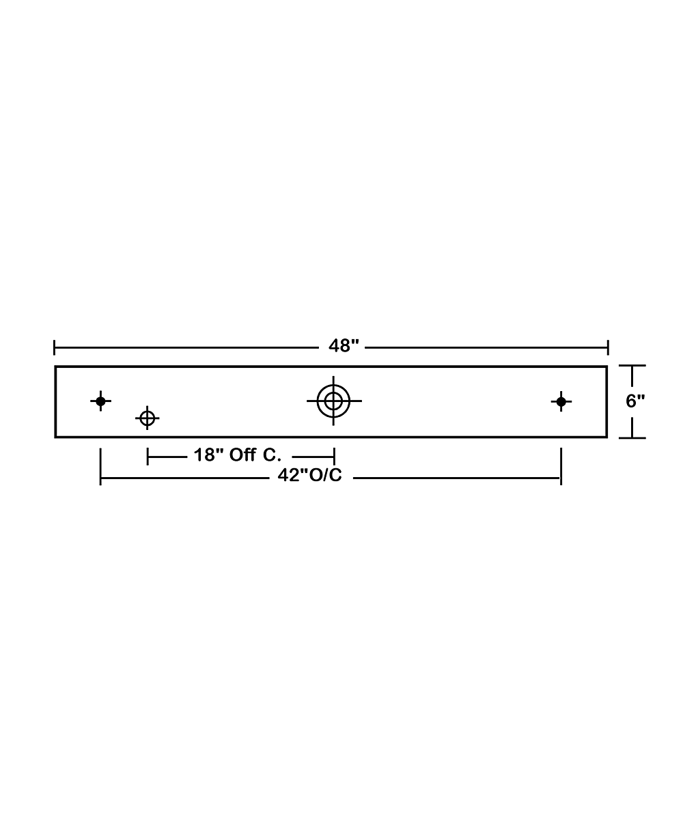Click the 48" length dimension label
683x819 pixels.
tap(344, 345)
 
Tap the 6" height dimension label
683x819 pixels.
tap(635, 401)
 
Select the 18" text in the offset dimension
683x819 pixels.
tap(208, 455)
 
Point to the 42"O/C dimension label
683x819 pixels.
tap(309, 475)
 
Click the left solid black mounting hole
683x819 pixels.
tap(100, 401)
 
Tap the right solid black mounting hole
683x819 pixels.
tap(561, 402)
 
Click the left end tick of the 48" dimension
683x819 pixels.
tap(54, 347)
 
